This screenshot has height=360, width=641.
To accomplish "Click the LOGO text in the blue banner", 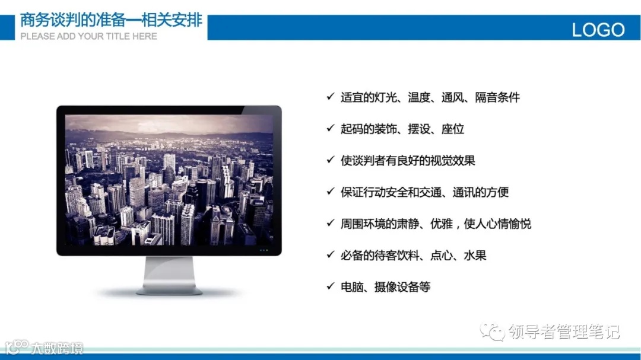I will tap(598, 30).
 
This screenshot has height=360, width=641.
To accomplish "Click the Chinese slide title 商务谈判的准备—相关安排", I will tap(111, 20).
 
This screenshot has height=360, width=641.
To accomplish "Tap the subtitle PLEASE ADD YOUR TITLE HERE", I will tap(88, 36).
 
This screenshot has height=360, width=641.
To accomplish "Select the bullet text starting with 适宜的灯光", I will tap(430, 97).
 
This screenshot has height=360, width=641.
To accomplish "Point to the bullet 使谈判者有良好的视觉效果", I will tap(408, 161).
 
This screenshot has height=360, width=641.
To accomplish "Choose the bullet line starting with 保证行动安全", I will tap(424, 192).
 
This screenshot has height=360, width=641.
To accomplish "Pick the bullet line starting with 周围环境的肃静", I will tap(435, 224).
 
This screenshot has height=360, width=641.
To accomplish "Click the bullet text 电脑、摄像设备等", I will tap(385, 287).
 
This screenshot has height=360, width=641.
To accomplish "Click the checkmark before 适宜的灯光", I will tap(330, 97).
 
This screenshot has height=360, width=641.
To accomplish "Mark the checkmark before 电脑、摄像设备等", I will tap(330, 286).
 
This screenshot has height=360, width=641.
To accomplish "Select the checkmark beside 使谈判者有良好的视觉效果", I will tap(330, 160).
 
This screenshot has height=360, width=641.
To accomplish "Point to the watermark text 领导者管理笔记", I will tap(564, 332).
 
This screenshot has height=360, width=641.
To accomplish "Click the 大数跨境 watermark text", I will tap(57, 348).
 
